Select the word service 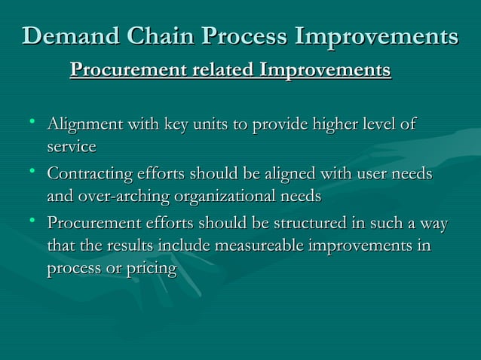pos(72,145)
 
